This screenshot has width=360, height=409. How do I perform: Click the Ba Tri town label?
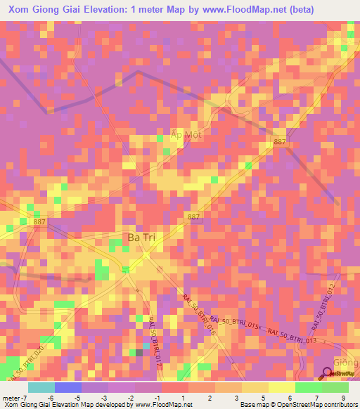point(141,238)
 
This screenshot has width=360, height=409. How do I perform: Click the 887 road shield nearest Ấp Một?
point(280,142)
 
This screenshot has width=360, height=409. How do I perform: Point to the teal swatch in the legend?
point(41,387)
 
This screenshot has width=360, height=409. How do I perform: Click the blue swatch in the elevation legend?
point(68,387)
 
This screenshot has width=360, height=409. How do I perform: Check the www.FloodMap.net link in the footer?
point(162,405)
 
